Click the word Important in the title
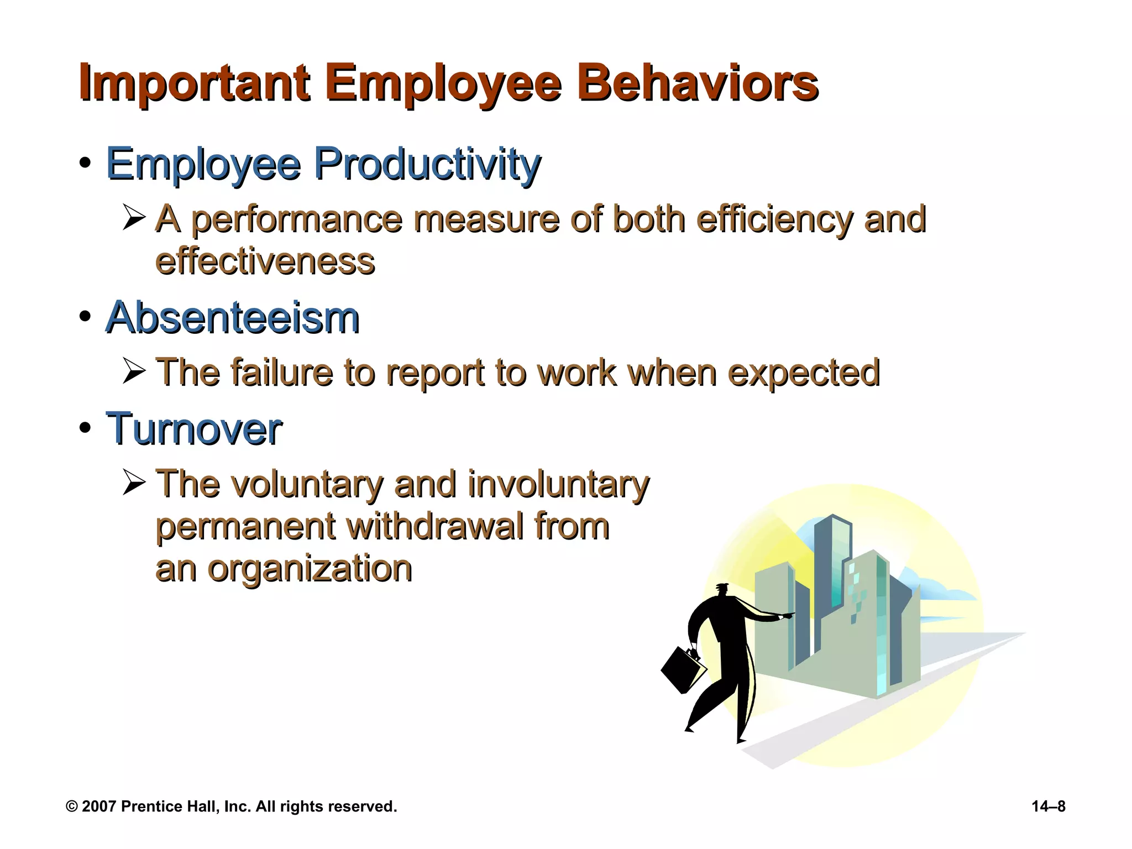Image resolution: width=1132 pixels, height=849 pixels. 193,84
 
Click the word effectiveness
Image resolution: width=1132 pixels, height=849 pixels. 265,261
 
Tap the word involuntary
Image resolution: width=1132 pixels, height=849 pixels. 558,484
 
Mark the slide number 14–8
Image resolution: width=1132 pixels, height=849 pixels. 1048,806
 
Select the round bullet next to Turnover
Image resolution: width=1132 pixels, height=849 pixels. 85,428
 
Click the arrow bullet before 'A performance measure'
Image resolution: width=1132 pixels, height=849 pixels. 134,217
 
